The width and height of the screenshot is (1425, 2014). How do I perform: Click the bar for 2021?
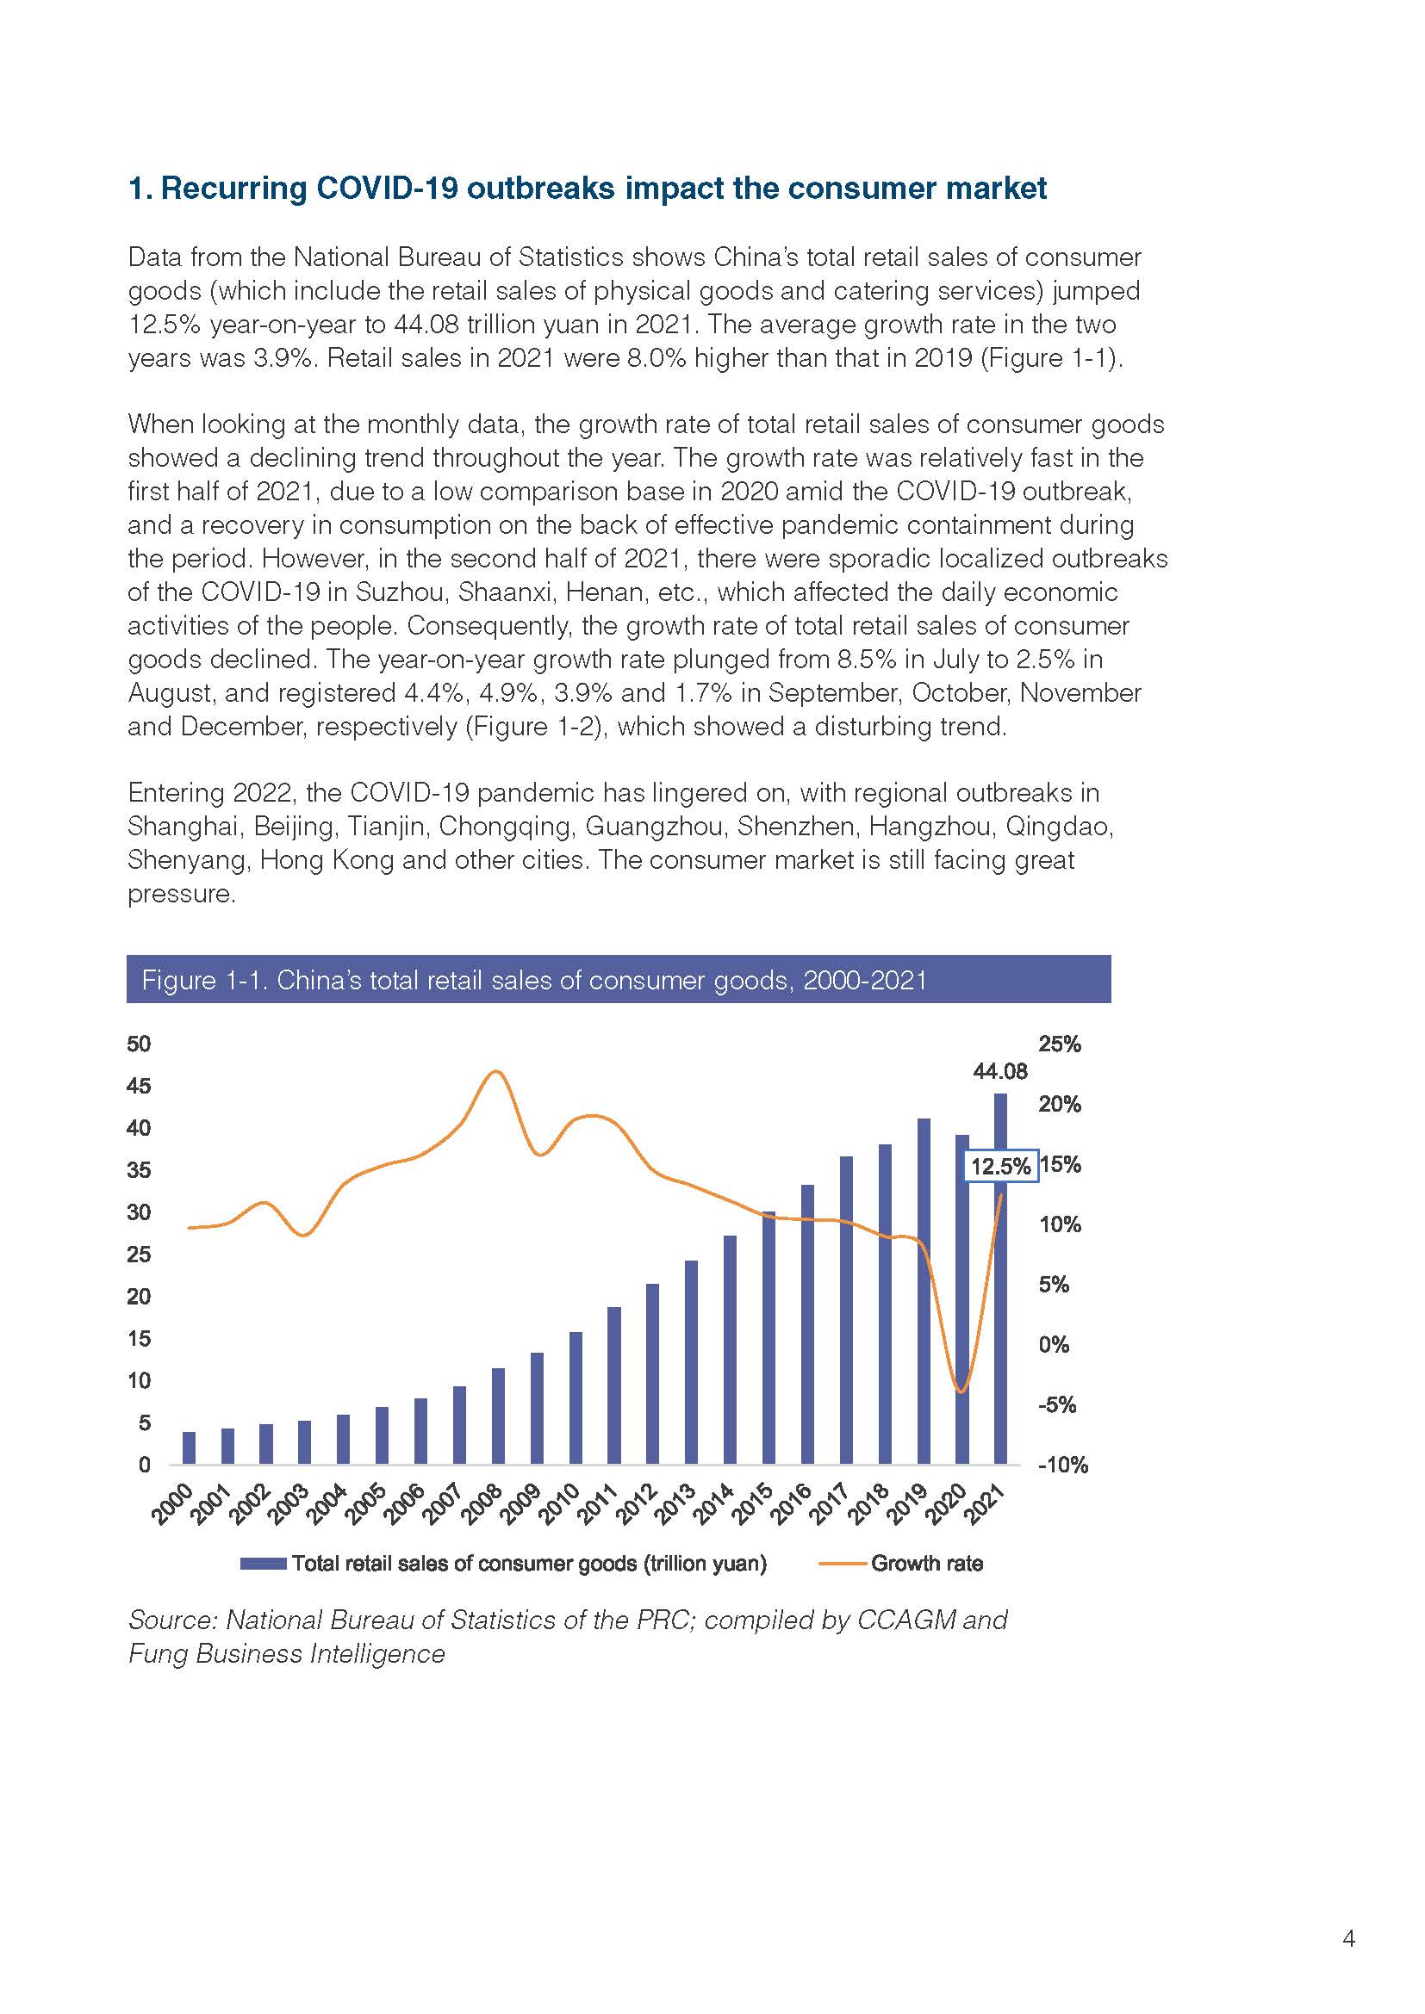click(1000, 1279)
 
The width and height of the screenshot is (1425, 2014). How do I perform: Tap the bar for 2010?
click(576, 1398)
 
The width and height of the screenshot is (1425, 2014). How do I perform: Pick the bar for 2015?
click(769, 1339)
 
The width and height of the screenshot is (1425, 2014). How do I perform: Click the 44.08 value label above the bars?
click(1000, 1071)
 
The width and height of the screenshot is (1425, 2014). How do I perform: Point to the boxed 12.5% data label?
click(1001, 1166)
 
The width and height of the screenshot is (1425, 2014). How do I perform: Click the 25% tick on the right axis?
click(1060, 1044)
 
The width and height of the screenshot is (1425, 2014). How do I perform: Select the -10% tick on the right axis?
click(1063, 1465)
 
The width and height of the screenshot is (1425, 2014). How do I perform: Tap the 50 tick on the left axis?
click(139, 1044)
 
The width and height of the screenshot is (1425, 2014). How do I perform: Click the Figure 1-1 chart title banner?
click(619, 979)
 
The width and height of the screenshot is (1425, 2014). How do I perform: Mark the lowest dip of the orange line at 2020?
click(961, 1392)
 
